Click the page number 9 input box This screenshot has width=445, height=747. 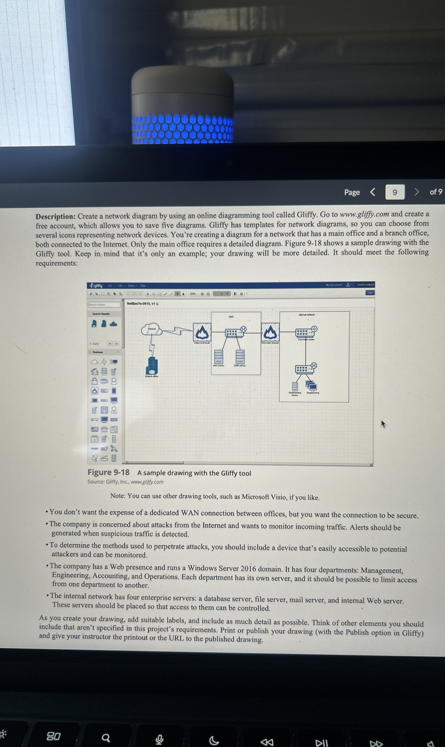395,192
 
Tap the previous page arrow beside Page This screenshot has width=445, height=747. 373,192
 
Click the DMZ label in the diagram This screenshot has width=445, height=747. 231,317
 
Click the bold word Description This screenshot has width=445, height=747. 56,216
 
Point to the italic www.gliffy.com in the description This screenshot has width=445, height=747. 364,215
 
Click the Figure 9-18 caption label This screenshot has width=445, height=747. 108,472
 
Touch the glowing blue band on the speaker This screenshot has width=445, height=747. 182,130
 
